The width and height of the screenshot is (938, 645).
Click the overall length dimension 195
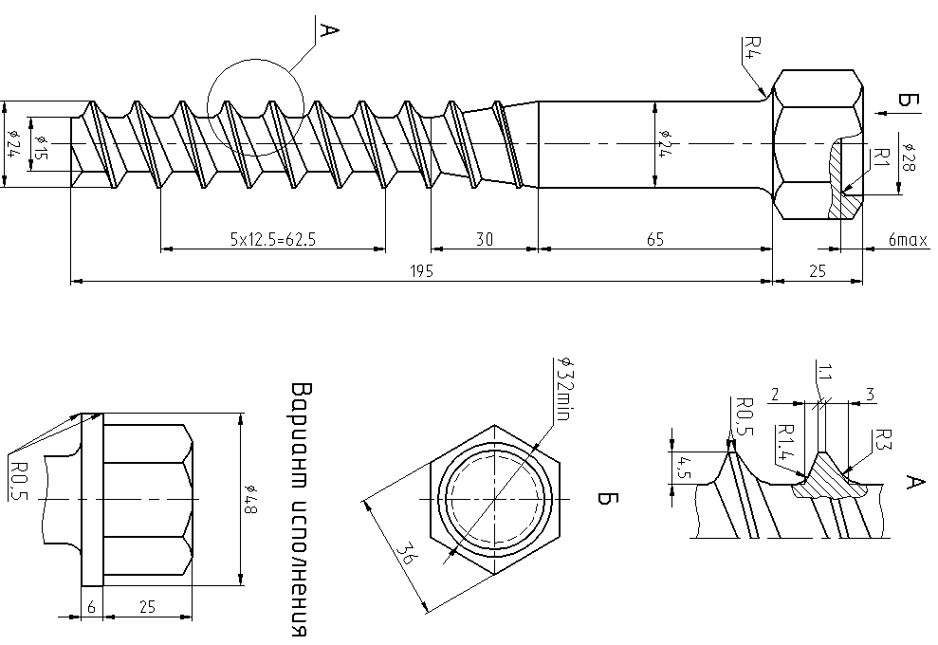pyautogui.click(x=422, y=271)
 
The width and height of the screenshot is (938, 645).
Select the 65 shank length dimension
pyautogui.click(x=655, y=240)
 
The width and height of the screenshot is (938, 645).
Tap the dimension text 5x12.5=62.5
pyautogui.click(x=272, y=240)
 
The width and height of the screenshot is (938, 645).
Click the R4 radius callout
pyautogui.click(x=751, y=47)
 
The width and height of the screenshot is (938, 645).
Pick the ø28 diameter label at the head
pyautogui.click(x=908, y=157)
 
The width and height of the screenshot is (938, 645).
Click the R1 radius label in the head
pyautogui.click(x=879, y=158)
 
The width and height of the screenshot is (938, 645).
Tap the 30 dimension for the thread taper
pyautogui.click(x=484, y=240)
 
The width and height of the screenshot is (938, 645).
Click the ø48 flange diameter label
pyautogui.click(x=251, y=500)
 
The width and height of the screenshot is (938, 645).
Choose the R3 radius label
pyautogui.click(x=881, y=442)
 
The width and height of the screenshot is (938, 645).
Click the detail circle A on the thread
pyautogui.click(x=254, y=110)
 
